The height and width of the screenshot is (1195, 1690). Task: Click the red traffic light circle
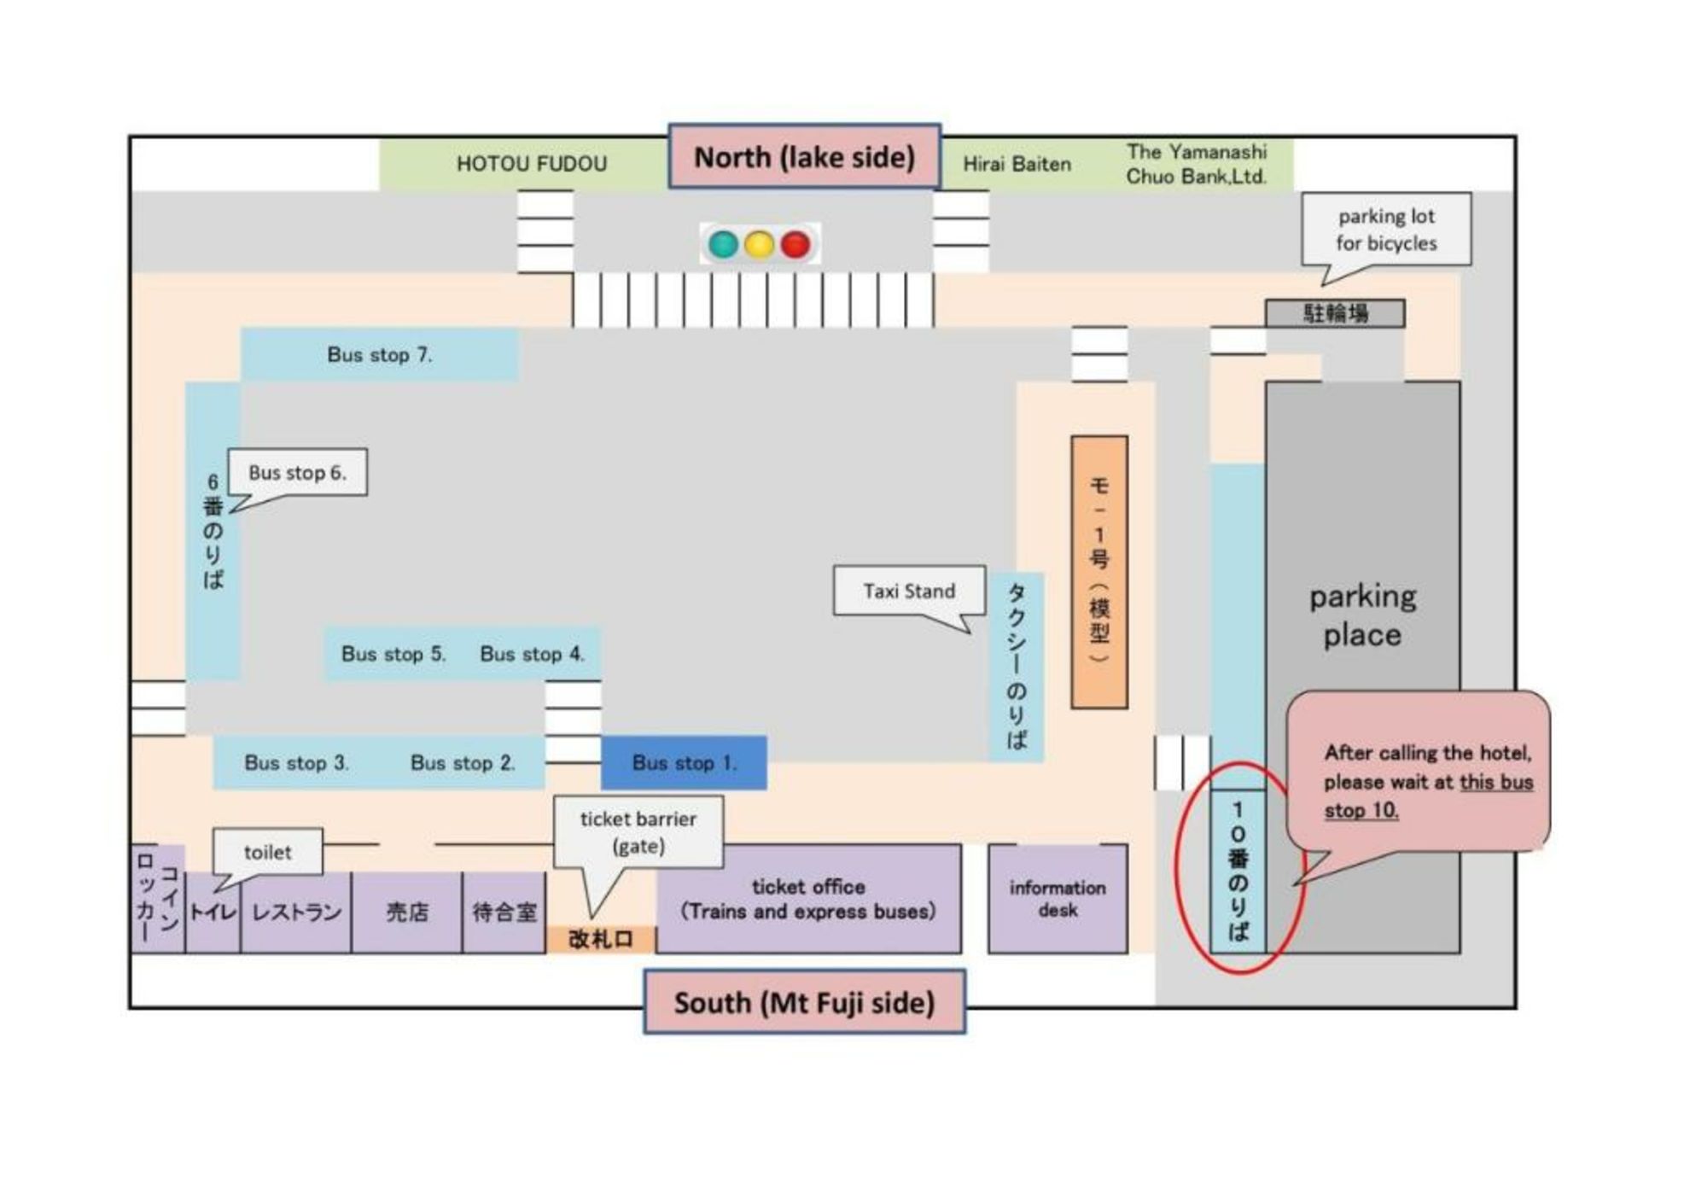[795, 245]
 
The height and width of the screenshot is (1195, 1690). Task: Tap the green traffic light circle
[723, 245]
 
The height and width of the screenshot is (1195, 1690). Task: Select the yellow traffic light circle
[759, 245]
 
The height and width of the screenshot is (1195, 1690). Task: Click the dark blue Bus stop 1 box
[684, 762]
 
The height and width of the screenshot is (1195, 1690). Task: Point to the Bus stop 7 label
[380, 354]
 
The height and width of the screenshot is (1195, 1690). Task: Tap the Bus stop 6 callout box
[297, 472]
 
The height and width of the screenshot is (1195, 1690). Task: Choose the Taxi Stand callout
[909, 591]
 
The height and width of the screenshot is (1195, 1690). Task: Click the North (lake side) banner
[804, 157]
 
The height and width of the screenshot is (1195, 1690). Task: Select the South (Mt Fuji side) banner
[804, 1002]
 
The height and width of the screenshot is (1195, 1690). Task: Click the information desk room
[1058, 899]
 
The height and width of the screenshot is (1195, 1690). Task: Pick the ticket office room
[807, 899]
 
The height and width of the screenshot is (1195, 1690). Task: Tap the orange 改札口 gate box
[601, 939]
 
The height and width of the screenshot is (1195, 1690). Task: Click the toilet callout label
[267, 852]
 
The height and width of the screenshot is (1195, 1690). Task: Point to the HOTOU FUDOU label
[532, 164]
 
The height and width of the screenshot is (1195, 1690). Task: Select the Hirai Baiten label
[1017, 164]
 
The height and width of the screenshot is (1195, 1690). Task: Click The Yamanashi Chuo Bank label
[1196, 164]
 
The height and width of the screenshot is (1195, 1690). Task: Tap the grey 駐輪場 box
[1335, 313]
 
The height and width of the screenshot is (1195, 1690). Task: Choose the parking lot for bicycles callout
[1386, 229]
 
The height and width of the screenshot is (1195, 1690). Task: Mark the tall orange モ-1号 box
[1099, 572]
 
